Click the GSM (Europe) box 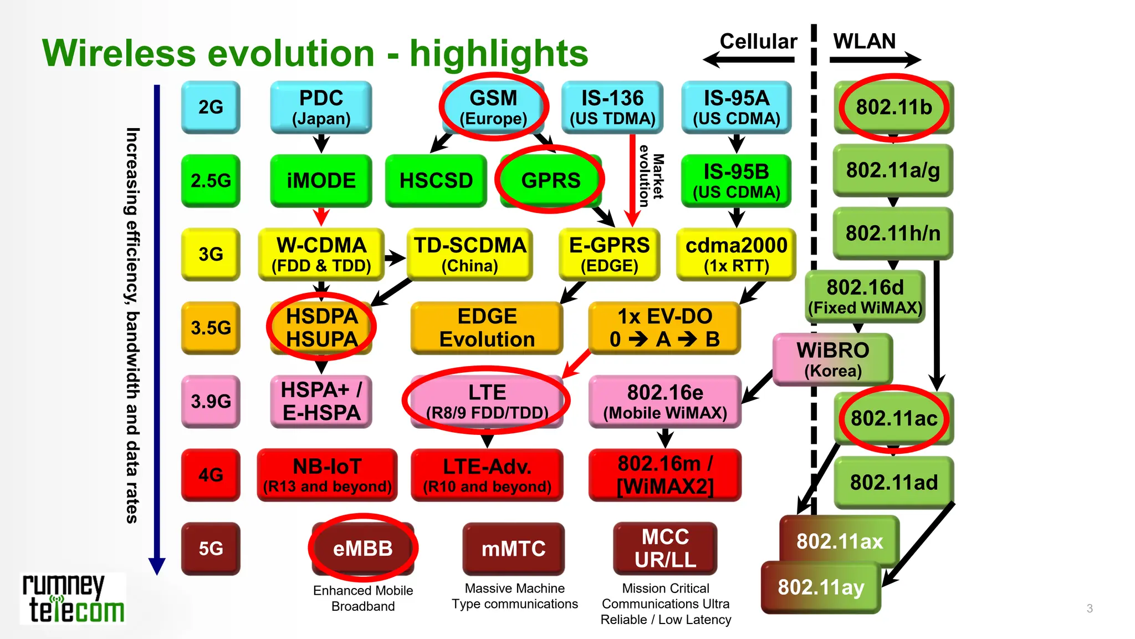tap(493, 107)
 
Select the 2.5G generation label tap(211, 180)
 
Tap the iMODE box tap(321, 180)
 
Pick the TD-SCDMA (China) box tap(469, 254)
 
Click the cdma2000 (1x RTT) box tap(736, 254)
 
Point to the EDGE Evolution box tap(487, 327)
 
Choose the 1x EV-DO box tap(664, 327)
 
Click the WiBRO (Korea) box tap(832, 359)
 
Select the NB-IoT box tap(327, 475)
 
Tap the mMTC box tap(513, 548)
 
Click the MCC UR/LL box tap(665, 548)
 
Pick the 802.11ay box tap(821, 587)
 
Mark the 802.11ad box tap(893, 482)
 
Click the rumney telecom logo tap(73, 599)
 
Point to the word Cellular tap(758, 42)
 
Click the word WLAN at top tap(864, 42)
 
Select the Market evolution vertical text tap(651, 176)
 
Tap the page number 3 tap(1090, 608)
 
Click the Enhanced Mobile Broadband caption tap(363, 598)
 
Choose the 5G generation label tap(211, 548)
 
